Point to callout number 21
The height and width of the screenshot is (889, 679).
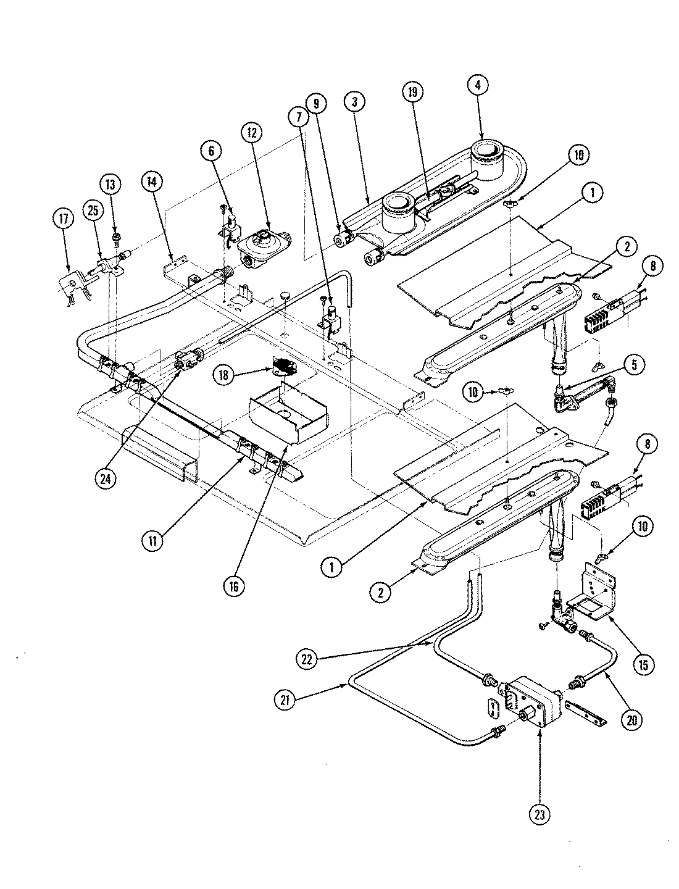[285, 699]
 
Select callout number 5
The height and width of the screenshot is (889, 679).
[636, 365]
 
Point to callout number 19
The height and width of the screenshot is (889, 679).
[413, 93]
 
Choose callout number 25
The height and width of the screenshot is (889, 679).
[93, 211]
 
